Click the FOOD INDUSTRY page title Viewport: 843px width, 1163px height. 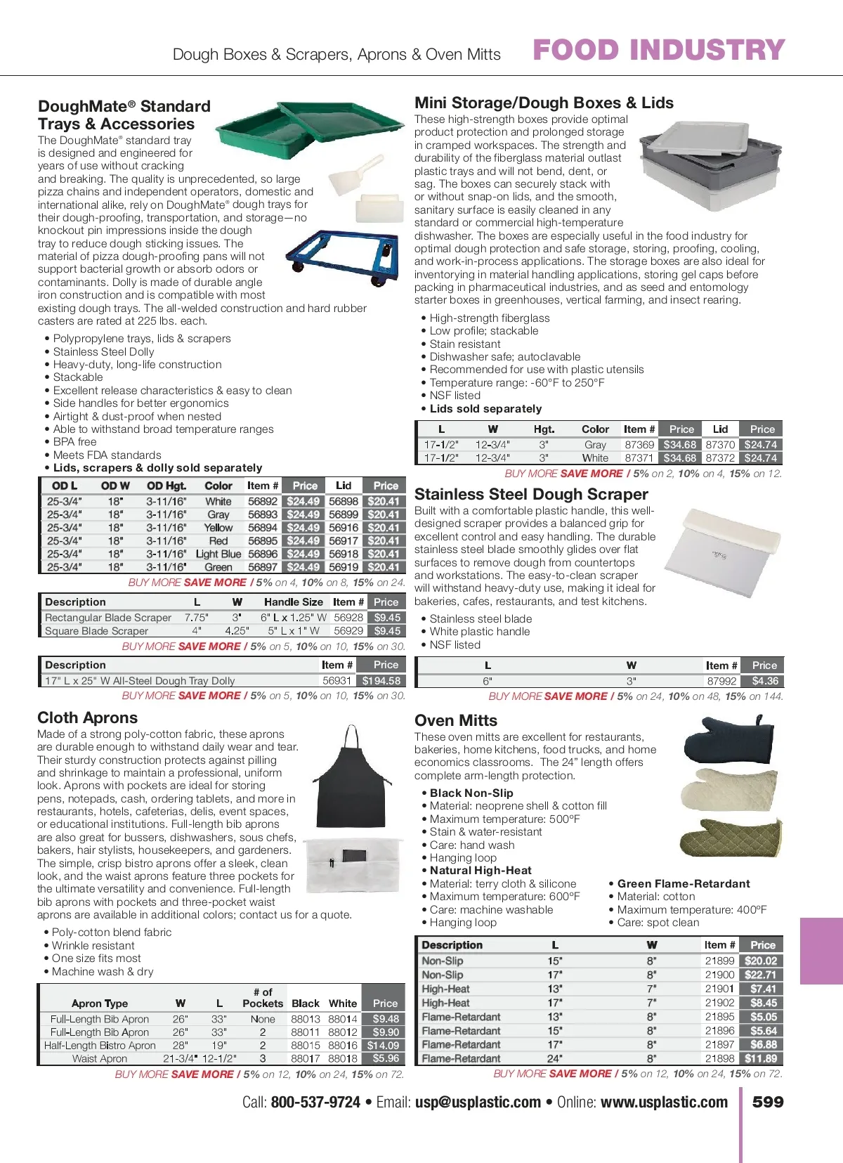pos(658,50)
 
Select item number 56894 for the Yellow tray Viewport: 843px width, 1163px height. pos(262,528)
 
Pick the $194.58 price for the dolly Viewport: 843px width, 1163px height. pos(381,680)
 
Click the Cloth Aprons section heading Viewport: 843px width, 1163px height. pos(88,717)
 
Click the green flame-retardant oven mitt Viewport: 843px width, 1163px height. pos(731,839)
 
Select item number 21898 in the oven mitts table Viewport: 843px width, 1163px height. pos(719,1058)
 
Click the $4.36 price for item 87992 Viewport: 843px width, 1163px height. pos(764,681)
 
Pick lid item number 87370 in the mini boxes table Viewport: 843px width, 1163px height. pos(720,445)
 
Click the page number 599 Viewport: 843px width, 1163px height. pos(768,1102)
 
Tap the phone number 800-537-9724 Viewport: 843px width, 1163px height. pos(315,1103)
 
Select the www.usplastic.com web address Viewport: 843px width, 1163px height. pos(664,1103)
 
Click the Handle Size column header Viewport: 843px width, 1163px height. pos(294,602)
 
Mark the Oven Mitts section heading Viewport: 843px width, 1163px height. pos(456,720)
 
